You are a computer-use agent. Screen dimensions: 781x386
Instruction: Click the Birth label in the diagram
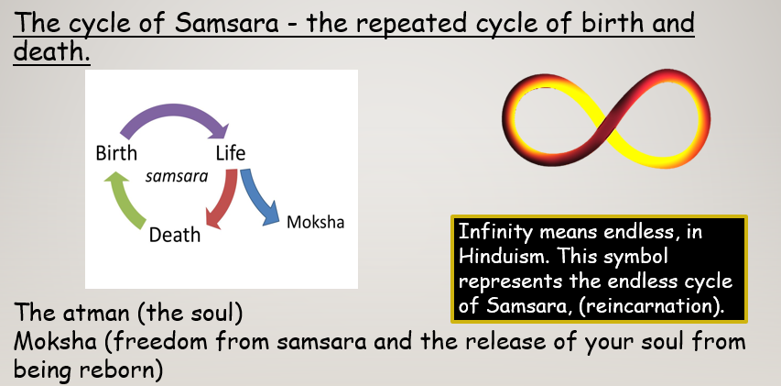click(x=116, y=153)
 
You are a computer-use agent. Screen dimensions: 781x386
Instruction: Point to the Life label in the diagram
click(x=231, y=153)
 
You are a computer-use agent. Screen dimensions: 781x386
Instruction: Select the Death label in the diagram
click(x=175, y=235)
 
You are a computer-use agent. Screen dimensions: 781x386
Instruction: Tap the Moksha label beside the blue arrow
click(x=315, y=222)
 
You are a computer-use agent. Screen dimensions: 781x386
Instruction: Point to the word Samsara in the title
click(x=226, y=24)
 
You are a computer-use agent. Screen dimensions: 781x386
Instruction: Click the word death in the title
click(x=51, y=50)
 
